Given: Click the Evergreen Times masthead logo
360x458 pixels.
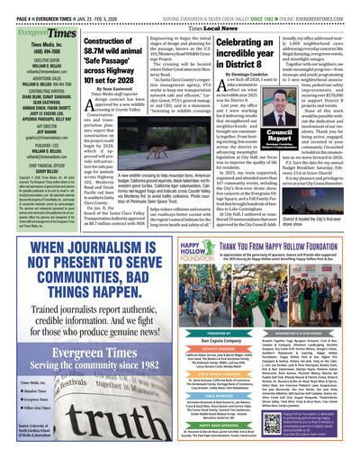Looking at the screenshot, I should coord(31,33).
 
